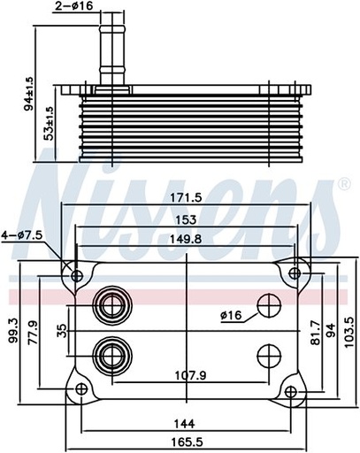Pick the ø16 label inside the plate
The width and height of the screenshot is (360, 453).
point(232,314)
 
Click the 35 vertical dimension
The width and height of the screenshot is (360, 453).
point(60,333)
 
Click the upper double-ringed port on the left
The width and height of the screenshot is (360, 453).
point(112,306)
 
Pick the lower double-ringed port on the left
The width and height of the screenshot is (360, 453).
point(112,356)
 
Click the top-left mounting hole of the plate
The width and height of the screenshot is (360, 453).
point(77,276)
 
